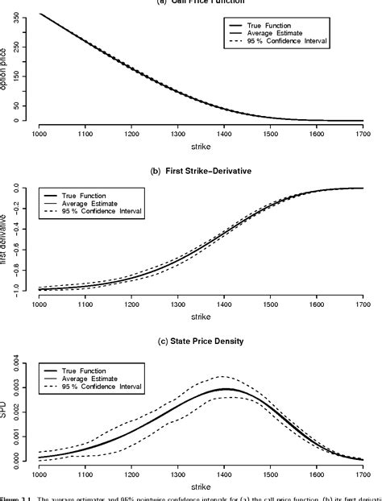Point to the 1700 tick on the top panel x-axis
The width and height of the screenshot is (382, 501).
[363, 134]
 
